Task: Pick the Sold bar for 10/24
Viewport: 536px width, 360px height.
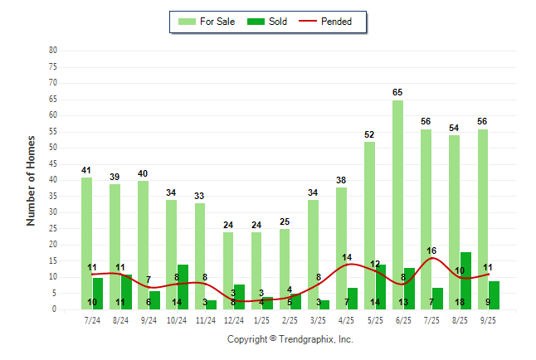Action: pyautogui.click(x=183, y=286)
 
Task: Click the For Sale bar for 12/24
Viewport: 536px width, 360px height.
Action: pyautogui.click(x=228, y=270)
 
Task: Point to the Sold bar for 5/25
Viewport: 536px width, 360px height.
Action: pyautogui.click(x=381, y=287)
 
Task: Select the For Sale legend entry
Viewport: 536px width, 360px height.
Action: pyautogui.click(x=208, y=22)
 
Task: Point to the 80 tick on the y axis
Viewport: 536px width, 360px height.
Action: pyautogui.click(x=53, y=51)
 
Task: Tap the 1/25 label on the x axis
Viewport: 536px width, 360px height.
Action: pyautogui.click(x=261, y=319)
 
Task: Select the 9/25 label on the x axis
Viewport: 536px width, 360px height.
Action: pyautogui.click(x=487, y=319)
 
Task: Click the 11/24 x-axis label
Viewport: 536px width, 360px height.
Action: pyautogui.click(x=205, y=319)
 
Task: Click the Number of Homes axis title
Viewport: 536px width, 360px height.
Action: pyautogui.click(x=31, y=180)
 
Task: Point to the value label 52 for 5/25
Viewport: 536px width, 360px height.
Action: pyautogui.click(x=369, y=134)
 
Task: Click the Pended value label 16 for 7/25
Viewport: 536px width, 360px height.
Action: pyautogui.click(x=431, y=251)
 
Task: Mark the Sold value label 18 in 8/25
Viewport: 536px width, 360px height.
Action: pyautogui.click(x=460, y=303)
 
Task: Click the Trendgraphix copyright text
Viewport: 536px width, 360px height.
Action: pyautogui.click(x=290, y=339)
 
